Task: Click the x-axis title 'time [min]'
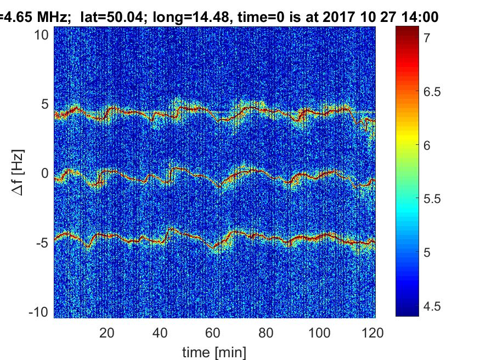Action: pyautogui.click(x=214, y=351)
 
